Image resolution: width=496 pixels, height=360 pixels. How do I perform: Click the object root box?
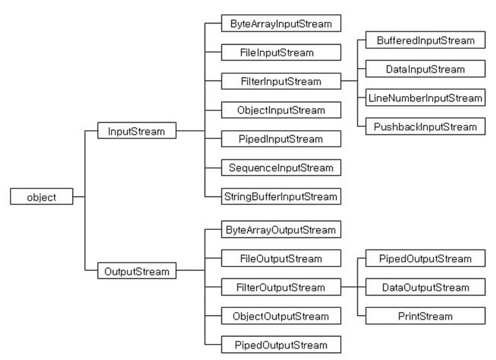click(x=42, y=196)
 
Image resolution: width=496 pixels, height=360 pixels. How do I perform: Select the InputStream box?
click(x=136, y=131)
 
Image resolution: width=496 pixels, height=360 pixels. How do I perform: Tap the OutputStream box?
click(x=136, y=271)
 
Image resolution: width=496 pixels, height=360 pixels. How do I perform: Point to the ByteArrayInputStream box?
click(x=281, y=23)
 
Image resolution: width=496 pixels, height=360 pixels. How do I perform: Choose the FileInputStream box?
click(x=281, y=52)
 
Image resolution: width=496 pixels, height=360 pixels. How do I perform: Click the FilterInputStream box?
click(x=281, y=81)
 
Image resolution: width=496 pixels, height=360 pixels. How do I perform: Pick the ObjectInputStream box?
click(x=281, y=110)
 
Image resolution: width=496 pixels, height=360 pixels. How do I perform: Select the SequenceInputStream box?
click(x=281, y=167)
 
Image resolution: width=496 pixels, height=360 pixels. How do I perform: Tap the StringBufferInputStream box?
click(x=281, y=196)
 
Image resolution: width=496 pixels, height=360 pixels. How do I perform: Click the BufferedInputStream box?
click(x=425, y=40)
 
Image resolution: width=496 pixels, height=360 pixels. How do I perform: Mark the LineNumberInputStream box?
click(x=425, y=98)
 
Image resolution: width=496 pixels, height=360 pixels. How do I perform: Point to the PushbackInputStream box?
click(x=425, y=126)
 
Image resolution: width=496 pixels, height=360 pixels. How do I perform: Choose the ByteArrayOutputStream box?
click(x=281, y=229)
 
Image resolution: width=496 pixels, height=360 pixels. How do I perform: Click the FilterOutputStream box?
click(x=281, y=287)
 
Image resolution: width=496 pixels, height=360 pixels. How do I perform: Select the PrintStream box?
click(x=425, y=316)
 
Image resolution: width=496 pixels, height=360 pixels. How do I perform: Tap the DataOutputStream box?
click(x=425, y=287)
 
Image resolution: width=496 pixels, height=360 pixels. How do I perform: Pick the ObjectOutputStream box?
click(x=281, y=316)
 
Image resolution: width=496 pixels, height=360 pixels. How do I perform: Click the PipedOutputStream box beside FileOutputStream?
click(x=425, y=258)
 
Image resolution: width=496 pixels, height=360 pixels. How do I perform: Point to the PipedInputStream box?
click(x=281, y=139)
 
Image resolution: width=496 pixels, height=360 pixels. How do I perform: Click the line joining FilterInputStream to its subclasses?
click(x=349, y=81)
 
